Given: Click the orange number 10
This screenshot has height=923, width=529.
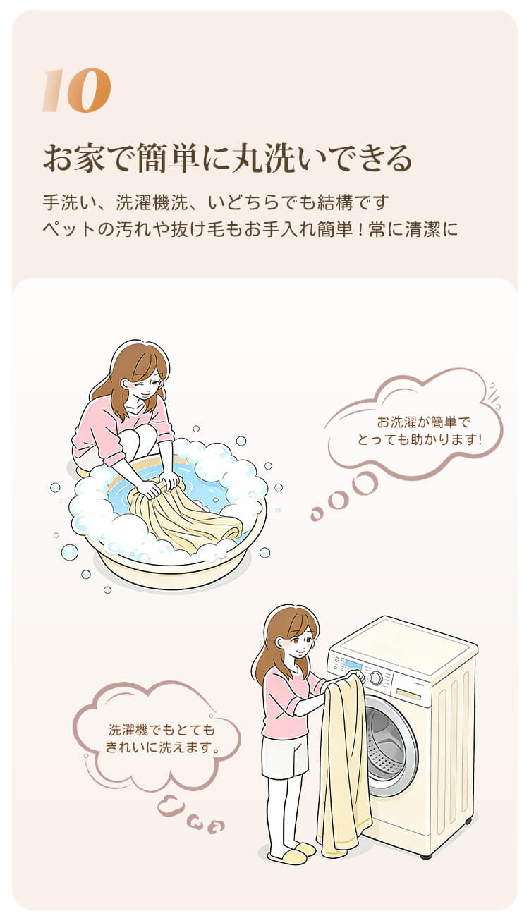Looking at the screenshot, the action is tap(77, 91).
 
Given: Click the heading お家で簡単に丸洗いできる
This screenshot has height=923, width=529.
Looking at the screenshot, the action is tap(228, 158).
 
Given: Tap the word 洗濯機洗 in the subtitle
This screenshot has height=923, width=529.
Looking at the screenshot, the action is tap(152, 202).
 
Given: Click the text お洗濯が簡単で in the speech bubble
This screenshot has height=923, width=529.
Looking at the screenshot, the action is tap(423, 422).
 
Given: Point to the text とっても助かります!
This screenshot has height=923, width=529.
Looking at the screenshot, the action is tap(420, 440).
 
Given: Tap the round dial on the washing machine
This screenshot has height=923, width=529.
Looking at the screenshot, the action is tap(376, 678).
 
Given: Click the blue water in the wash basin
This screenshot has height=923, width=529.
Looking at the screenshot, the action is tap(206, 485).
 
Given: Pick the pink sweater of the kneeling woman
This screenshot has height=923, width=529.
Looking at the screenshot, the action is tap(123, 429).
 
